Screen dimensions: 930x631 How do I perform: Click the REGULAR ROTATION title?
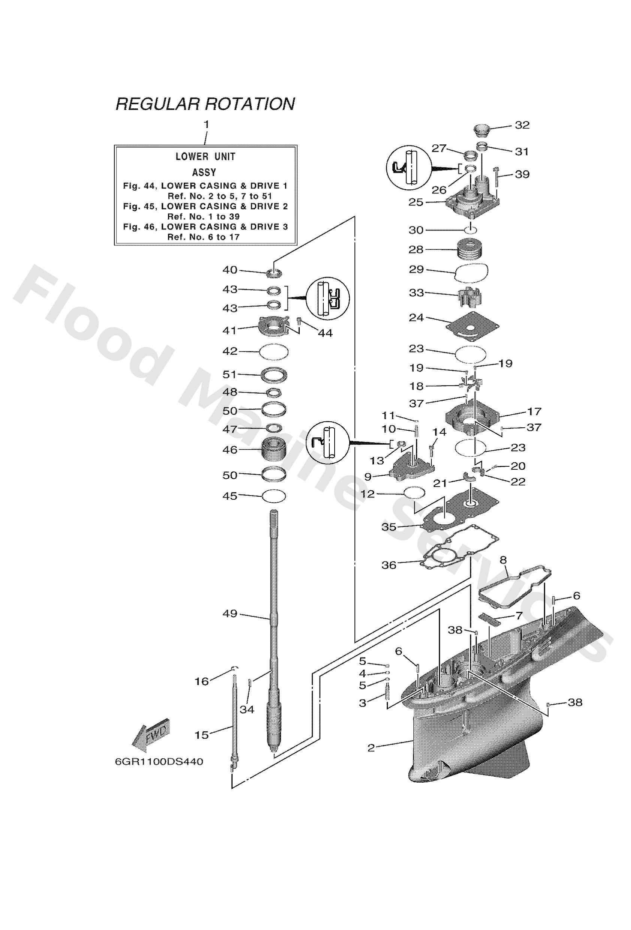click(x=205, y=103)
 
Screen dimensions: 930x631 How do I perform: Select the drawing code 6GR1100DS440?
click(x=159, y=762)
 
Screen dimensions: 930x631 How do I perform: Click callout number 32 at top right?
click(x=522, y=125)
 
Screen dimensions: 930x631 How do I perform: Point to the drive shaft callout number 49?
click(x=230, y=614)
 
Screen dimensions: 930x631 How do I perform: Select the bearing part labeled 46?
click(x=275, y=450)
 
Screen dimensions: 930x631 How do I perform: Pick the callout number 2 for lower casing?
click(x=371, y=747)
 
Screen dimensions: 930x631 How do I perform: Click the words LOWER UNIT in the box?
click(x=205, y=156)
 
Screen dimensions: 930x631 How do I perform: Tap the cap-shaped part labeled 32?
click(x=481, y=130)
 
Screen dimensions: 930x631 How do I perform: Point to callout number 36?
click(x=389, y=565)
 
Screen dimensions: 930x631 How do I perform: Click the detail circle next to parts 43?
click(x=327, y=298)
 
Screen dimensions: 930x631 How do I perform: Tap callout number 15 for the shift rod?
click(x=202, y=735)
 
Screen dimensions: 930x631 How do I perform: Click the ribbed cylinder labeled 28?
click(x=470, y=250)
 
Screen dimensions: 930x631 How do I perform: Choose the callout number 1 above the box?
click(x=206, y=125)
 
